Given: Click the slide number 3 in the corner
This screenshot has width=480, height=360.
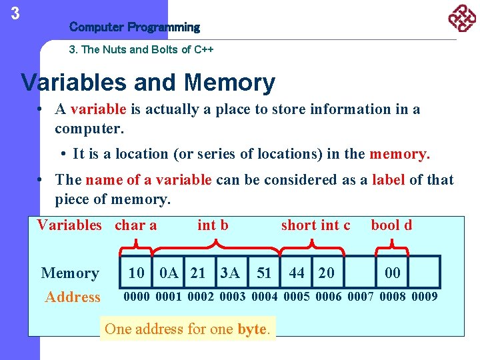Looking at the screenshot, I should [15, 13].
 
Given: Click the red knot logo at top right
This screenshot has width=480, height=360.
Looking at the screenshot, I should [461, 19].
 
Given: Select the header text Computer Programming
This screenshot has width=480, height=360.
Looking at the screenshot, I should [134, 27].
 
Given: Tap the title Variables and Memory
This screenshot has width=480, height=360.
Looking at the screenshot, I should [148, 83].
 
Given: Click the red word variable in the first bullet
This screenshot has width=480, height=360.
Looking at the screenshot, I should [98, 109].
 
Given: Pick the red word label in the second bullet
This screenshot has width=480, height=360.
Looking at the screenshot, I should [388, 180].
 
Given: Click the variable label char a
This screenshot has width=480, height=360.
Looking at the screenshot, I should [135, 225].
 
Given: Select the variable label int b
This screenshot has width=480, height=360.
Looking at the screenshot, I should [213, 225].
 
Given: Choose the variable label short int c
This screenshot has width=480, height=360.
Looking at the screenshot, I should [315, 225].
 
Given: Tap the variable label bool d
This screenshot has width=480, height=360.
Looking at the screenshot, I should [391, 225].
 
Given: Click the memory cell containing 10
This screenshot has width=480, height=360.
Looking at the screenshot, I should [136, 273].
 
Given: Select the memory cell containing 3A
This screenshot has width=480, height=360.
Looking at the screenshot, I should [230, 273].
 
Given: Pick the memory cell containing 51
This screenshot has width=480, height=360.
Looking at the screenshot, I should [264, 273].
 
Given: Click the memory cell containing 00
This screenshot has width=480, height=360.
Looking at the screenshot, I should [393, 273].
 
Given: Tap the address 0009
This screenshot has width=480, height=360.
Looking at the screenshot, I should [425, 297].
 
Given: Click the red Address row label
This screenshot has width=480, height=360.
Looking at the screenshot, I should [72, 297].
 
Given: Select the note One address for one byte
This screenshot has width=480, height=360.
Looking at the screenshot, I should [187, 329].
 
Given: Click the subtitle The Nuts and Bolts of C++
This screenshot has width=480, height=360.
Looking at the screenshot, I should [141, 49].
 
